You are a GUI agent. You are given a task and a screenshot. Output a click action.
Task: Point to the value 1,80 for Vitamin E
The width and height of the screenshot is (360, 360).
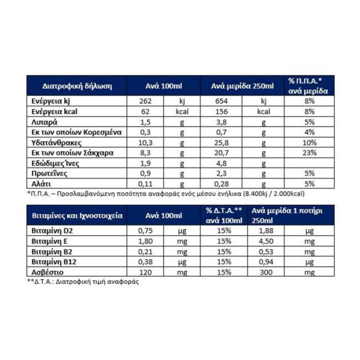pos(145,242)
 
